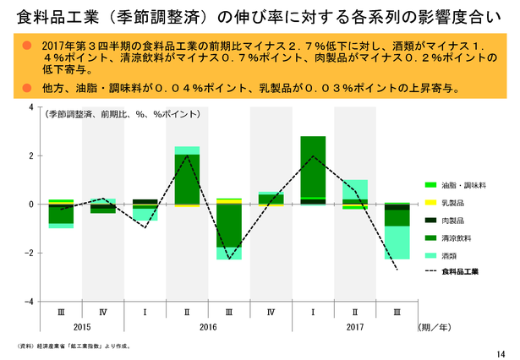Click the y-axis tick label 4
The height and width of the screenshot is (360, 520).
point(31,108)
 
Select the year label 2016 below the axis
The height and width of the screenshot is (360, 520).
point(207,326)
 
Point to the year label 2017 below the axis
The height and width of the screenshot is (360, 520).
point(355,326)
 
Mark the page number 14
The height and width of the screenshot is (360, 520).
point(506,352)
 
